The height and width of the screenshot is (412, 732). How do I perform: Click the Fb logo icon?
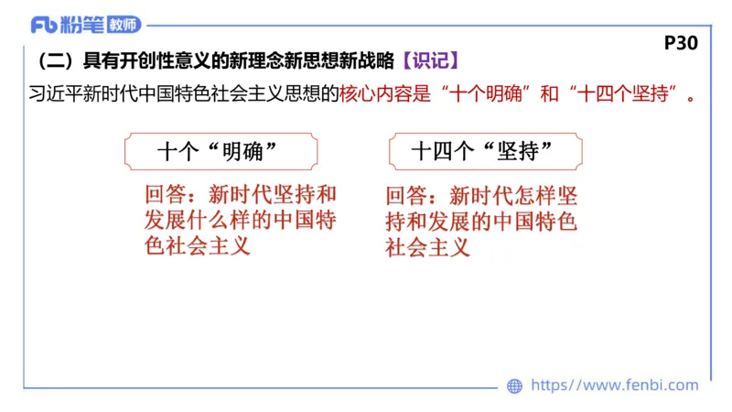pos(44,25)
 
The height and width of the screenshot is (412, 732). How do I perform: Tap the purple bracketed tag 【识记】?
pos(430,61)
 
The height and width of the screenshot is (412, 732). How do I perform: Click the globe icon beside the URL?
pos(514,386)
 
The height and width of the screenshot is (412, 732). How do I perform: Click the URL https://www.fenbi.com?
pos(614,385)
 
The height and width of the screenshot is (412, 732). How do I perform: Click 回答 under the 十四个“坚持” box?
pos(407,196)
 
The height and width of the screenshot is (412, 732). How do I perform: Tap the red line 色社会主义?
pos(197,246)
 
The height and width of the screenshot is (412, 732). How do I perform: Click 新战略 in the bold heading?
pos(371,61)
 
